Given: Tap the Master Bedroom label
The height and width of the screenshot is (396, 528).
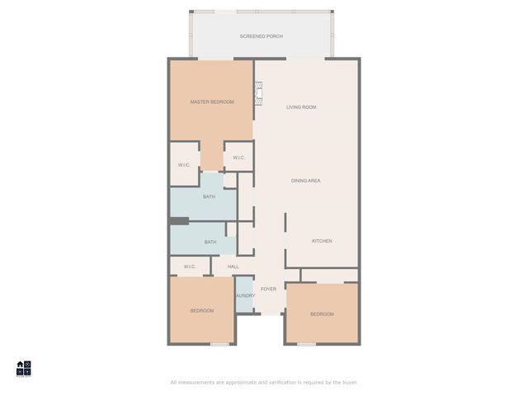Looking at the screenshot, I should click(212, 101).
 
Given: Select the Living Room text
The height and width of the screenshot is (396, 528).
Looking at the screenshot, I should click(301, 107).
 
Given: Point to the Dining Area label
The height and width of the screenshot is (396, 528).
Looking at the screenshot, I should click(305, 180).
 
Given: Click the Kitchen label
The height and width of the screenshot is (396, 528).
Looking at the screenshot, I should click(322, 241).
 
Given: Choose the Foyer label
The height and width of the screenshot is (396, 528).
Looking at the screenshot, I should click(269, 289).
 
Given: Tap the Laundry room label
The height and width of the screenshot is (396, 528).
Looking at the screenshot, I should click(244, 295).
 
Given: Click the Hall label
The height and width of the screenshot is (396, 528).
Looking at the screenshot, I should click(233, 266).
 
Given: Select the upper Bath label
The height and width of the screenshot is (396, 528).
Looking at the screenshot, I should click(210, 196).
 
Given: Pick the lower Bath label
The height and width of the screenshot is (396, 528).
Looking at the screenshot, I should click(210, 242).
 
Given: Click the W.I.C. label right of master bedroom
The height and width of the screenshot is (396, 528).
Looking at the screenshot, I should click(238, 158).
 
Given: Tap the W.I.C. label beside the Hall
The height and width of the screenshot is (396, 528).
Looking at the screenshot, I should click(190, 266).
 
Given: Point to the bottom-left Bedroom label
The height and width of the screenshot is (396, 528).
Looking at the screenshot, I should click(202, 311).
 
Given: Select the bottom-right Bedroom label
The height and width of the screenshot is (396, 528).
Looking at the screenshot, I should click(322, 313).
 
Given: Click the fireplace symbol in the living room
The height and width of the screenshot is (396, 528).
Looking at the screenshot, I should click(257, 92).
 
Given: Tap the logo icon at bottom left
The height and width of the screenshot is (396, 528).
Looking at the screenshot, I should click(24, 368).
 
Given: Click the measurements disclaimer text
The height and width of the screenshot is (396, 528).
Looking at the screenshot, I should click(264, 382).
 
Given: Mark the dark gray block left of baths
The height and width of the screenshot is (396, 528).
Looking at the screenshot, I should click(179, 220).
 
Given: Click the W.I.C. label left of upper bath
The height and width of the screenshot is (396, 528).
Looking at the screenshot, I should click(184, 165).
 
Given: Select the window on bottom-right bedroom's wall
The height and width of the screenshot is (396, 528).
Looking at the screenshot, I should click(306, 344).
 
